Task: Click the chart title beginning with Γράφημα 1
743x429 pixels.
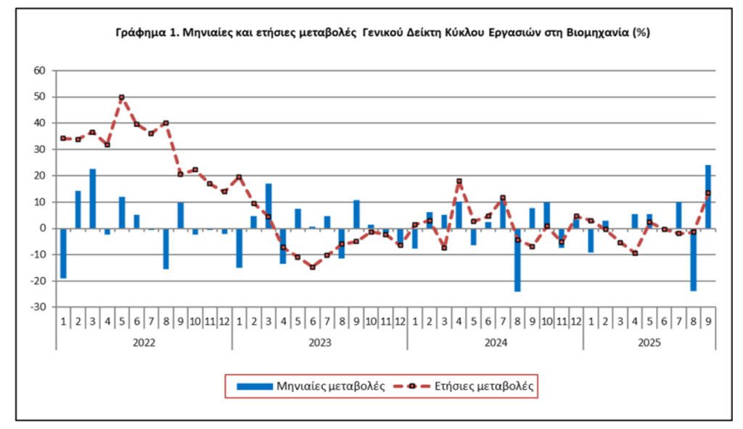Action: tap(382, 33)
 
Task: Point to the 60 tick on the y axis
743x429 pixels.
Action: tap(39, 70)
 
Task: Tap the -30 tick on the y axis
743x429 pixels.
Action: tap(38, 307)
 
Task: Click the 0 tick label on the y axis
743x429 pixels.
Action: tap(43, 228)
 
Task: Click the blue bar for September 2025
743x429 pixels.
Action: tap(707, 196)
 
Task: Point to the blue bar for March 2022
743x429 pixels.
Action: tap(93, 198)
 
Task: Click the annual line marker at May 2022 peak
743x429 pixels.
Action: tap(122, 97)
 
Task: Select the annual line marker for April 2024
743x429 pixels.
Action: tap(459, 181)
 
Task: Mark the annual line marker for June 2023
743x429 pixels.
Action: tap(312, 267)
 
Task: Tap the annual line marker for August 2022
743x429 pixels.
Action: tap(166, 123)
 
